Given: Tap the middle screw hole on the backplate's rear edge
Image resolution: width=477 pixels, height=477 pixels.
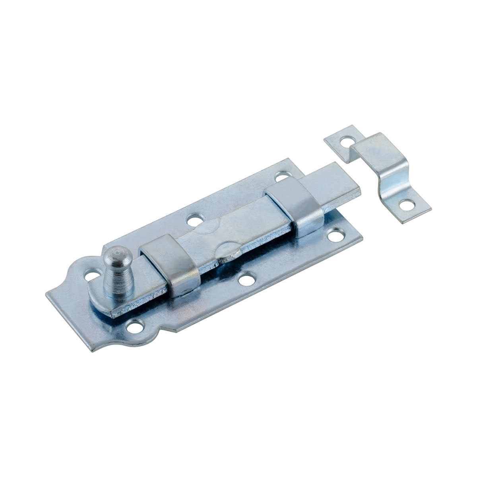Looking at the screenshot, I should point(195,219).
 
